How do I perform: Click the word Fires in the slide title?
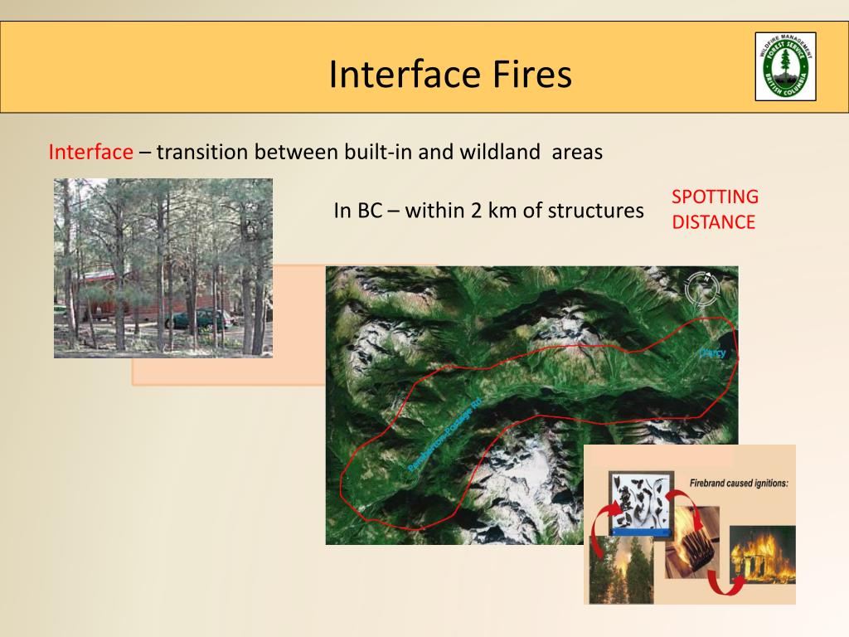coord(528,75)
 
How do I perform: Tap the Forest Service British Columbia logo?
coord(785,66)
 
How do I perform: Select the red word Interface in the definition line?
coord(90,153)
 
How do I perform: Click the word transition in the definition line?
coord(202,153)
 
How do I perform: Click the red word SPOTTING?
coord(715,197)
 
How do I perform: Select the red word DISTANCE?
coord(713,222)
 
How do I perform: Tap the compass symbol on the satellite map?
coord(701,289)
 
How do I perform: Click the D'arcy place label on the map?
coord(712,353)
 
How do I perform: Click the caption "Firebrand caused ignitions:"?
coord(738,482)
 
